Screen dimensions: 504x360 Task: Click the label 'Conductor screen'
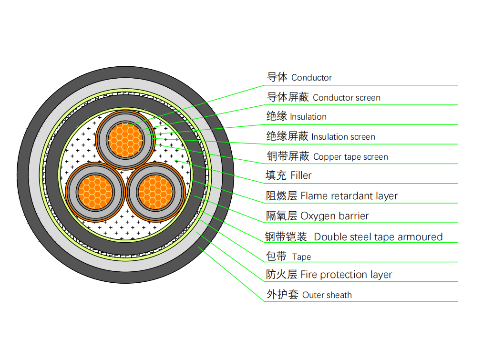tap(346, 98)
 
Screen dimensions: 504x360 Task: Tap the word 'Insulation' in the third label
tap(308, 117)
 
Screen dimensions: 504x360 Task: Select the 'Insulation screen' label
tap(343, 137)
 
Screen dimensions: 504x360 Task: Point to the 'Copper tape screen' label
tap(350, 157)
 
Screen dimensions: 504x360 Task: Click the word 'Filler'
tap(301, 175)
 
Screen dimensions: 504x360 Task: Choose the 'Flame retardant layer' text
tap(349, 196)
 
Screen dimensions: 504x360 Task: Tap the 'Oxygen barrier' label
tap(334, 216)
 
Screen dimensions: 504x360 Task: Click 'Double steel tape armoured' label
tap(378, 237)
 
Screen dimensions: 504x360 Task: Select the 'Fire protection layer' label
tap(346, 275)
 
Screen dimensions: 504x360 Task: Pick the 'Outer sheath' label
tap(327, 295)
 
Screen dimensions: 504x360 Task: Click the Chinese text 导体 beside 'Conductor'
tap(277, 77)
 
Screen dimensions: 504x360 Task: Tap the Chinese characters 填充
tap(276, 175)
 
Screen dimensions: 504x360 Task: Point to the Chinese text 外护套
tap(282, 295)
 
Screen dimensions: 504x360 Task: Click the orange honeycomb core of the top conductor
tap(125, 140)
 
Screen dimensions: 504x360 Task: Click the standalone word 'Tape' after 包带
tap(301, 257)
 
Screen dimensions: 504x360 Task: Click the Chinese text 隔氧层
tap(281, 216)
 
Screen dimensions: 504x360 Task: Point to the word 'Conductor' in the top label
tap(311, 78)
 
